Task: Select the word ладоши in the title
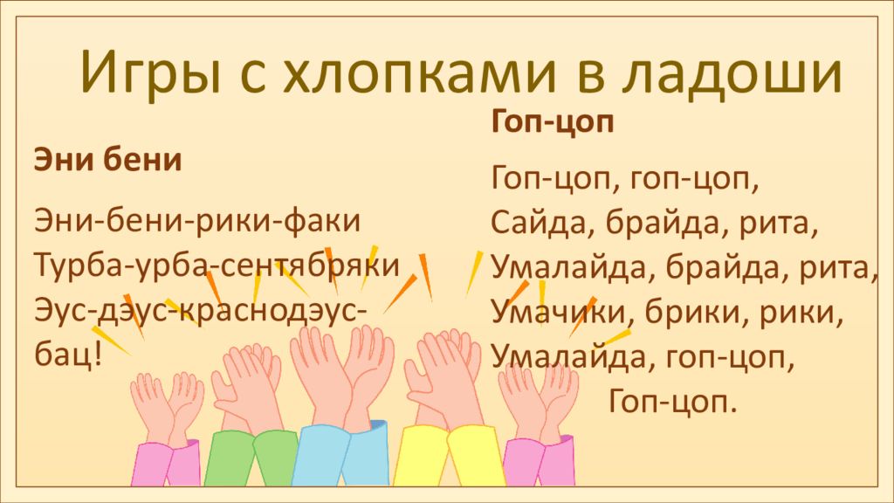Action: (733, 72)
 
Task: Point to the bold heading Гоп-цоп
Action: (553, 121)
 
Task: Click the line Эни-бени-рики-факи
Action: (196, 220)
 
